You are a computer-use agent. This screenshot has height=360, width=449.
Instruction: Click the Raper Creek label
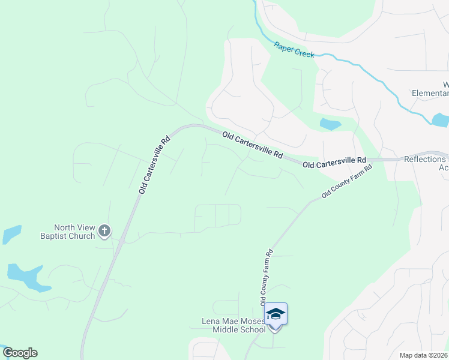click(295, 49)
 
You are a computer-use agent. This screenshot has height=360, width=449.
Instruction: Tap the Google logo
click(20, 353)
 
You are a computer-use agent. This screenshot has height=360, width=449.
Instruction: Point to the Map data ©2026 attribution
click(424, 355)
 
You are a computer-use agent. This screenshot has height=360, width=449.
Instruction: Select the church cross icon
click(104, 230)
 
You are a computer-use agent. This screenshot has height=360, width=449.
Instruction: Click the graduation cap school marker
click(276, 314)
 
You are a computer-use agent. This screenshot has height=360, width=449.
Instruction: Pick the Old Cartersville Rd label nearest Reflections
click(334, 161)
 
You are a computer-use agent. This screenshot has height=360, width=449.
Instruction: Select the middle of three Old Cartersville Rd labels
click(252, 145)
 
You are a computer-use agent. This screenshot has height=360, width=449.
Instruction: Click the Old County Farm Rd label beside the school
click(267, 277)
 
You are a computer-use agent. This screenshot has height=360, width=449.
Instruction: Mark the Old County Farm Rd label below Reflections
click(347, 181)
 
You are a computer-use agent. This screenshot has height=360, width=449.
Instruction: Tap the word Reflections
click(425, 159)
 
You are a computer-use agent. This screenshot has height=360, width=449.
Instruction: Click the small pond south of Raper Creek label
click(330, 125)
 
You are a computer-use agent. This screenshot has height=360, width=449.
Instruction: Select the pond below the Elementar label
click(440, 120)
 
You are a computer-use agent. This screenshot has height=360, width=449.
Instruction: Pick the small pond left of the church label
click(11, 233)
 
